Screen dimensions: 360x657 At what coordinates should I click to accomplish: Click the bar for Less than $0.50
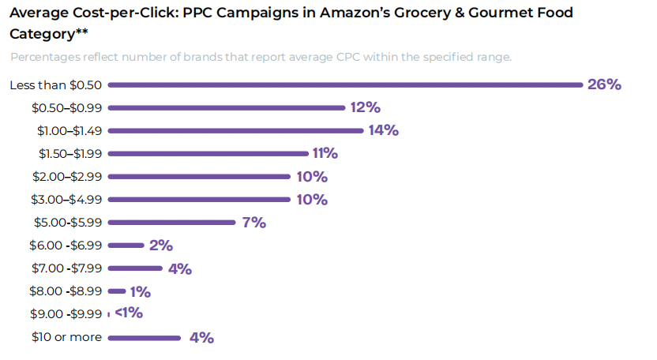click(x=345, y=84)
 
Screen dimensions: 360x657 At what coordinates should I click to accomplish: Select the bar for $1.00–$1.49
click(x=235, y=130)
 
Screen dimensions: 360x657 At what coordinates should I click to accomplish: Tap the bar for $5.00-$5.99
click(x=171, y=223)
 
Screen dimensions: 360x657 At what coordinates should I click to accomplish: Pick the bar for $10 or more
click(x=145, y=338)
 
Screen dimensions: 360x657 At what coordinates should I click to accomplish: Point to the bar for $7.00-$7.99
click(x=135, y=268)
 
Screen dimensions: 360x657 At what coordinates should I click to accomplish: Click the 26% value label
click(x=604, y=84)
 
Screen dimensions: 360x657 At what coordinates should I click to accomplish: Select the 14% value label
click(x=383, y=130)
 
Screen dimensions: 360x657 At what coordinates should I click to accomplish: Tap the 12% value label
click(x=366, y=107)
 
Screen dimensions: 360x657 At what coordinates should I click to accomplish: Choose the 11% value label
click(x=325, y=153)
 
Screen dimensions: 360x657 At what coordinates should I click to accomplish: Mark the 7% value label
click(x=253, y=223)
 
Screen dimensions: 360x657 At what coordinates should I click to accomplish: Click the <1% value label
click(x=129, y=313)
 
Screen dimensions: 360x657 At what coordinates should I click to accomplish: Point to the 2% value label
click(x=160, y=246)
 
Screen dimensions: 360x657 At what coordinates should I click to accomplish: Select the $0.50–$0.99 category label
click(x=66, y=107)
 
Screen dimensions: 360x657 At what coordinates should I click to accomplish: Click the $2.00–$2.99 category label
click(x=66, y=176)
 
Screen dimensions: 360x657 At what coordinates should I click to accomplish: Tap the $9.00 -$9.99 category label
click(x=66, y=314)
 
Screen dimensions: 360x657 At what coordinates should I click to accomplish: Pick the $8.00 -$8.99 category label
click(x=66, y=291)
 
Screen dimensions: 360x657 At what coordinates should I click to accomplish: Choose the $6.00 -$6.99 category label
click(x=66, y=246)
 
